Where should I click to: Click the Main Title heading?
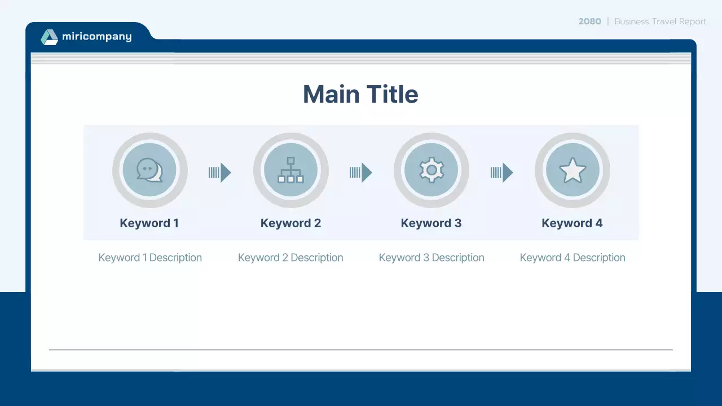(360, 94)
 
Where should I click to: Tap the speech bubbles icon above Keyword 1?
(149, 170)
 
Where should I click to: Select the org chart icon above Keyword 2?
(290, 170)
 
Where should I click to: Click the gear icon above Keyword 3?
(432, 170)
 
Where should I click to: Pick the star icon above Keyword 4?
(573, 170)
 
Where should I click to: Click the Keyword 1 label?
(149, 223)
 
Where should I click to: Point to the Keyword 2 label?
(290, 223)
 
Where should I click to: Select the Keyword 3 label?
(431, 223)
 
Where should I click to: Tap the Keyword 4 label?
(572, 223)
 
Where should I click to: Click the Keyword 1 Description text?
(150, 258)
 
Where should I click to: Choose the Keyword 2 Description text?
(290, 258)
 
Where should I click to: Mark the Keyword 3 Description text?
(432, 258)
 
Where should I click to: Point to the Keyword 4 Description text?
(573, 258)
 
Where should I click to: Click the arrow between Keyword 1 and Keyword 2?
(220, 173)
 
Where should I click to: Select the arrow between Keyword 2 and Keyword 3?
(361, 173)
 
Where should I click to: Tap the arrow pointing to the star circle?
(502, 173)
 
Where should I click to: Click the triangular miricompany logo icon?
(50, 37)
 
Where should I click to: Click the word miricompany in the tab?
(96, 37)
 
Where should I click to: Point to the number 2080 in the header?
(589, 21)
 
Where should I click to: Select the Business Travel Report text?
(660, 21)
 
